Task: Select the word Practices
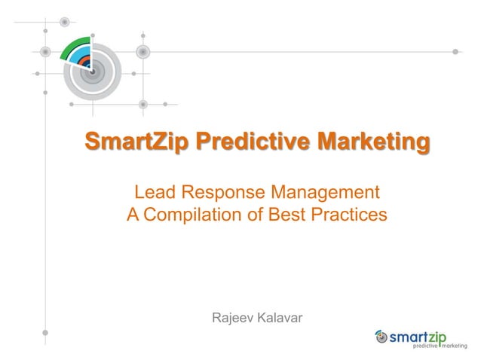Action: pos(350,215)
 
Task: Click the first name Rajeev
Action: pos(232,319)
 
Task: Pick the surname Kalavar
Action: pos(280,319)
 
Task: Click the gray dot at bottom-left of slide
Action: pos(45,332)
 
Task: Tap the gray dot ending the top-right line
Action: pos(455,52)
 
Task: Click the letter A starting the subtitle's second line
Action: pos(133,215)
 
